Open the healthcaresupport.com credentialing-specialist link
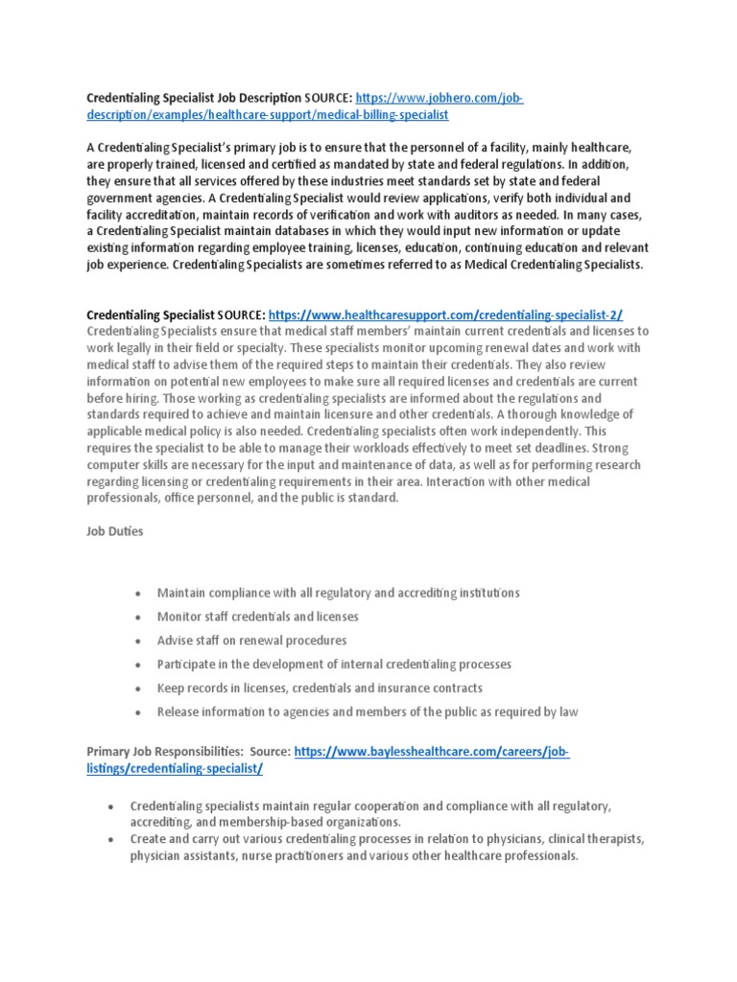click(x=447, y=314)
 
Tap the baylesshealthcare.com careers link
click(x=432, y=753)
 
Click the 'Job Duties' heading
click(x=115, y=530)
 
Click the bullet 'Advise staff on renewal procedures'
click(x=251, y=641)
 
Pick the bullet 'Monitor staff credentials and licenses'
click(x=257, y=617)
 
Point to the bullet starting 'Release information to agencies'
click(x=367, y=712)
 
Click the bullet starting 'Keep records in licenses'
click(x=320, y=688)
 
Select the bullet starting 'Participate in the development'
click(x=334, y=664)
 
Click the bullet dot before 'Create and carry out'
click(x=112, y=839)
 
